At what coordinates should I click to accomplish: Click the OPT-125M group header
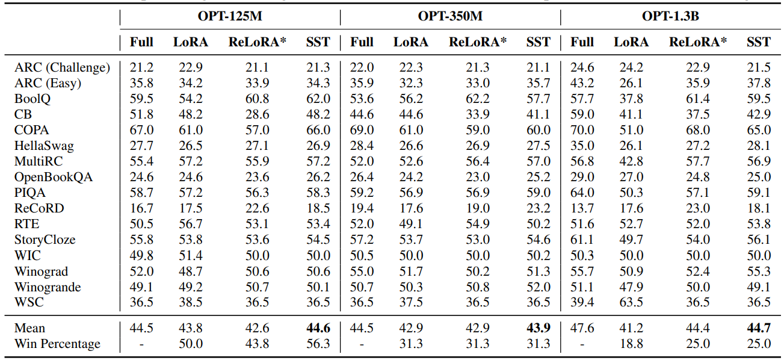point(230,16)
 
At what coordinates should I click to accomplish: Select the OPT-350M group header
point(450,16)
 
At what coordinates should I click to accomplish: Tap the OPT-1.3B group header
point(670,16)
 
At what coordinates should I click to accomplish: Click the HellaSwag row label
point(44,146)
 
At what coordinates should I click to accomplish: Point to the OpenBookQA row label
point(54,177)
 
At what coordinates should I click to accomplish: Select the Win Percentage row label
point(57,344)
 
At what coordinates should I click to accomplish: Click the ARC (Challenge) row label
point(62,67)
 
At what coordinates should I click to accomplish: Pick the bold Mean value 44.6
point(318,328)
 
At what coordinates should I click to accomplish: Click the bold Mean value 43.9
point(538,328)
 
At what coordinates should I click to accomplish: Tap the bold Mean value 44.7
point(758,328)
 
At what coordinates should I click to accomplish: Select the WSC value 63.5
point(631,302)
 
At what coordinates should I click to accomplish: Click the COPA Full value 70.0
point(582,130)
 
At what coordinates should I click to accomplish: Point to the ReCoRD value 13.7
point(582,208)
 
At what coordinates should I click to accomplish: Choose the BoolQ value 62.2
point(478,99)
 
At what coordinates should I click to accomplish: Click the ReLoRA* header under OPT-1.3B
point(698,42)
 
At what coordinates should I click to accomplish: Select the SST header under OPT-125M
point(318,42)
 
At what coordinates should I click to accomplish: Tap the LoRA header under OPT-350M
point(411,42)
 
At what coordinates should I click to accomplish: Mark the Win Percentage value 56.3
point(318,344)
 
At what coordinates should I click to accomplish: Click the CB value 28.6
point(258,114)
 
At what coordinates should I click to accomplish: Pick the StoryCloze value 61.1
point(582,240)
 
